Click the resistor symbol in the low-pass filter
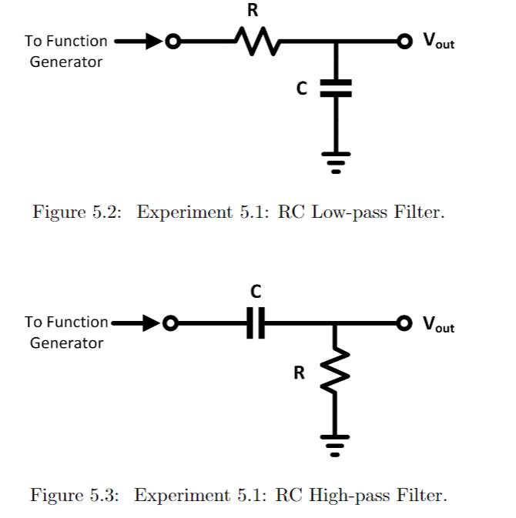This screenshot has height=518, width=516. (252, 40)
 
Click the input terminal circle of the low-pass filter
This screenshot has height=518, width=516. (173, 40)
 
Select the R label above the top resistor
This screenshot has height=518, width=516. (252, 11)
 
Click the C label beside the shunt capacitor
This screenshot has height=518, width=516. (303, 89)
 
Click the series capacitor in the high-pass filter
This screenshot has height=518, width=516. (256, 323)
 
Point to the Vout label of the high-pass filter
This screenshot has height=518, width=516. (437, 324)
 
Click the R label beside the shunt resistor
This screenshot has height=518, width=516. (300, 374)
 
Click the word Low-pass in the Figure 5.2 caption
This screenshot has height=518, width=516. (347, 212)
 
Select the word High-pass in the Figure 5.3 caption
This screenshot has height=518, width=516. (347, 495)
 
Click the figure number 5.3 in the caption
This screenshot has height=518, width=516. (106, 495)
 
